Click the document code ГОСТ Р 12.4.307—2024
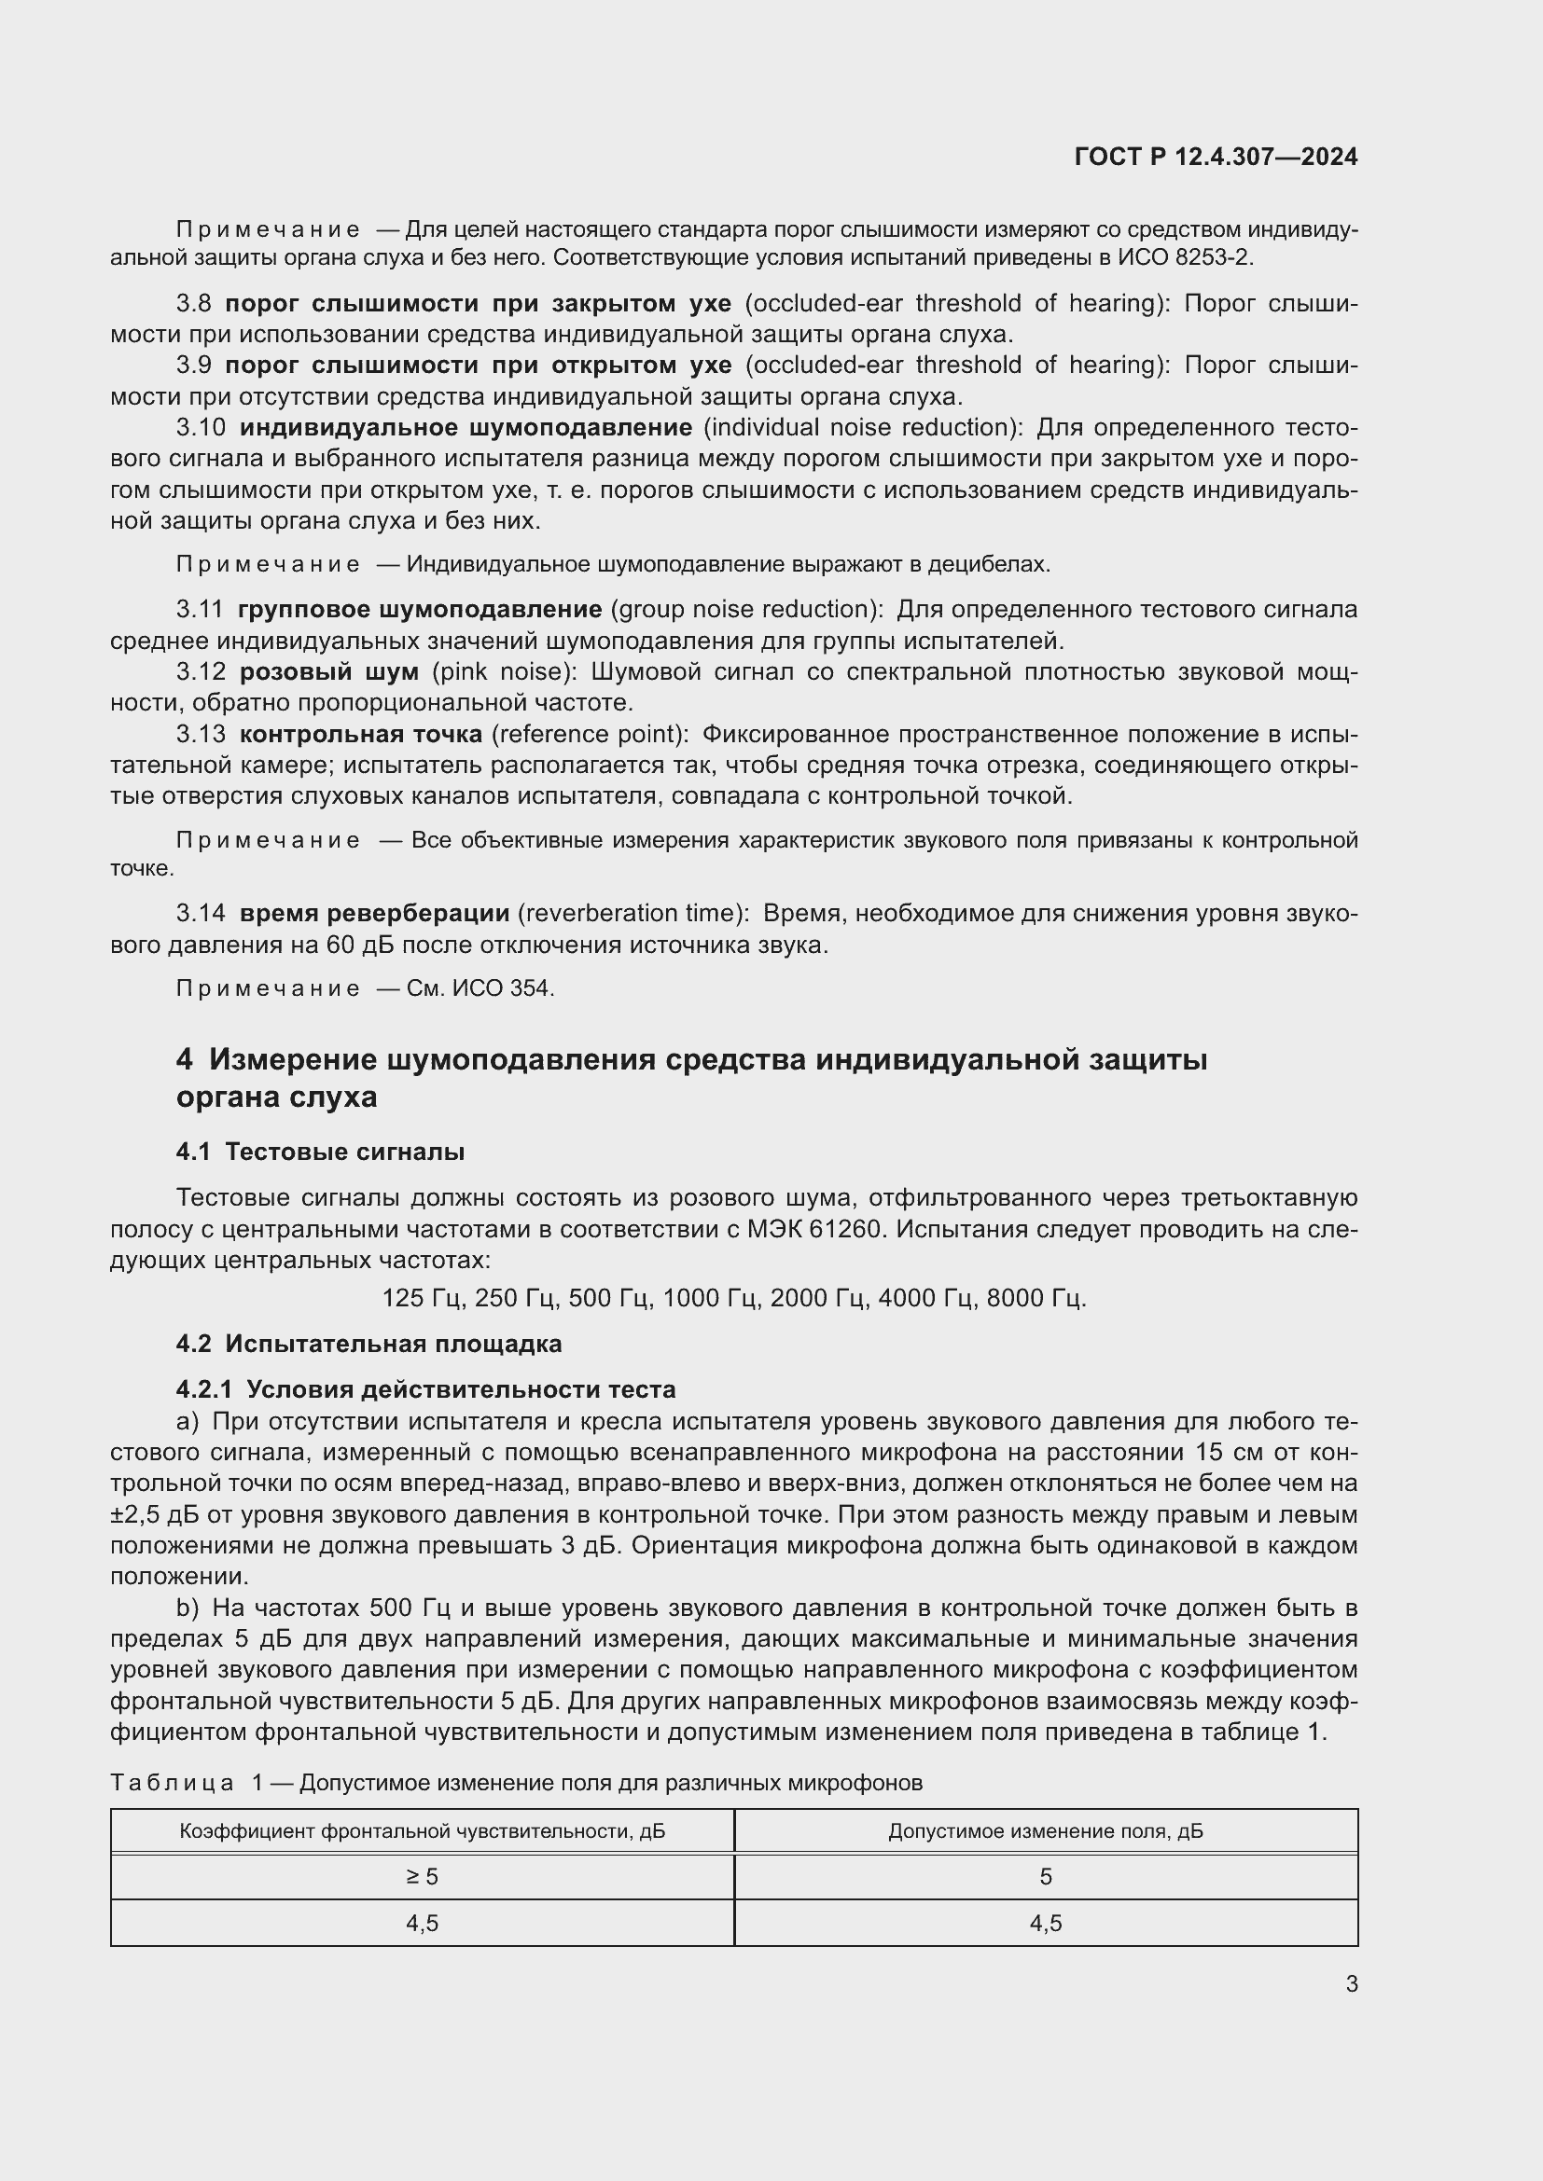pyautogui.click(x=1216, y=157)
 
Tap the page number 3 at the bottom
pyautogui.click(x=1351, y=1983)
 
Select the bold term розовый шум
pyautogui.click(x=328, y=671)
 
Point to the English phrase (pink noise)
pyautogui.click(x=505, y=671)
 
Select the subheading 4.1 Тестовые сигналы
pyautogui.click(x=320, y=1152)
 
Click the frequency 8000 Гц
pyautogui.click(x=1036, y=1298)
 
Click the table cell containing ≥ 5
pyautogui.click(x=422, y=1876)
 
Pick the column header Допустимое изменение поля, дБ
pyautogui.click(x=1045, y=1830)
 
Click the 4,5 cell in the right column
pyautogui.click(x=1045, y=1924)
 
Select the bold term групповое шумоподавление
pyautogui.click(x=419, y=609)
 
